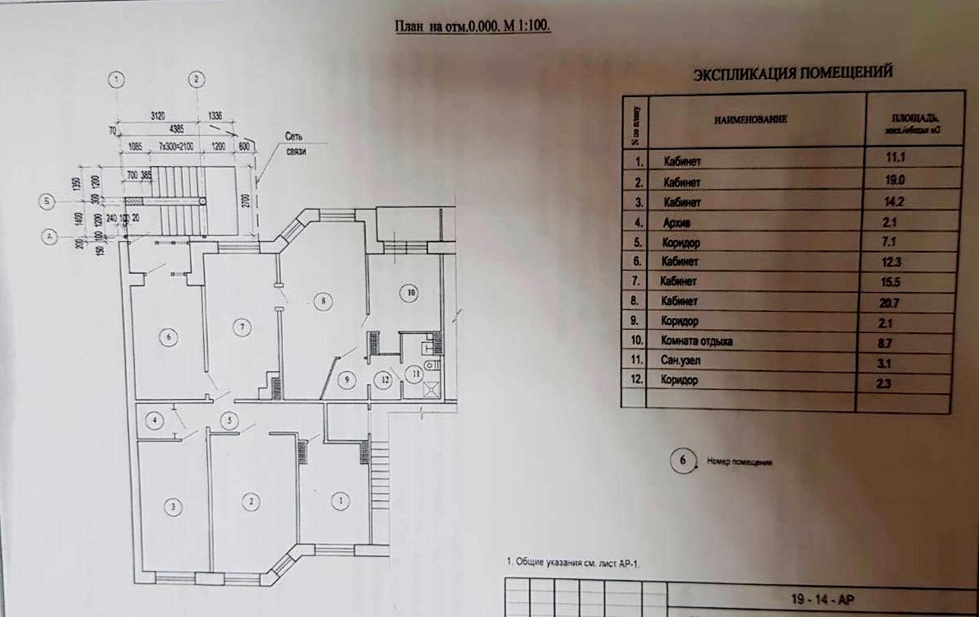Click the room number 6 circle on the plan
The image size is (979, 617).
tap(169, 338)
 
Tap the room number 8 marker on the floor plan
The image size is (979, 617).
tap(326, 302)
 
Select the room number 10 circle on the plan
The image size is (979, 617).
tap(410, 291)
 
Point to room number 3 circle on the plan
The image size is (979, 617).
tap(173, 507)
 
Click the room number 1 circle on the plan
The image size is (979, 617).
tap(336, 500)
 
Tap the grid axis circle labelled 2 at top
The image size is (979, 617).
tap(196, 80)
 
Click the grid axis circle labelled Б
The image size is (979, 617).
tap(49, 200)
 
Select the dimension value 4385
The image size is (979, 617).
tap(177, 129)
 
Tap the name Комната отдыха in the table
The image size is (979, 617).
tap(695, 340)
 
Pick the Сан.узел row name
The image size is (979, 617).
tap(681, 360)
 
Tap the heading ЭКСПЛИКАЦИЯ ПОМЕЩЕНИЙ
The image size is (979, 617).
tap(792, 73)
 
